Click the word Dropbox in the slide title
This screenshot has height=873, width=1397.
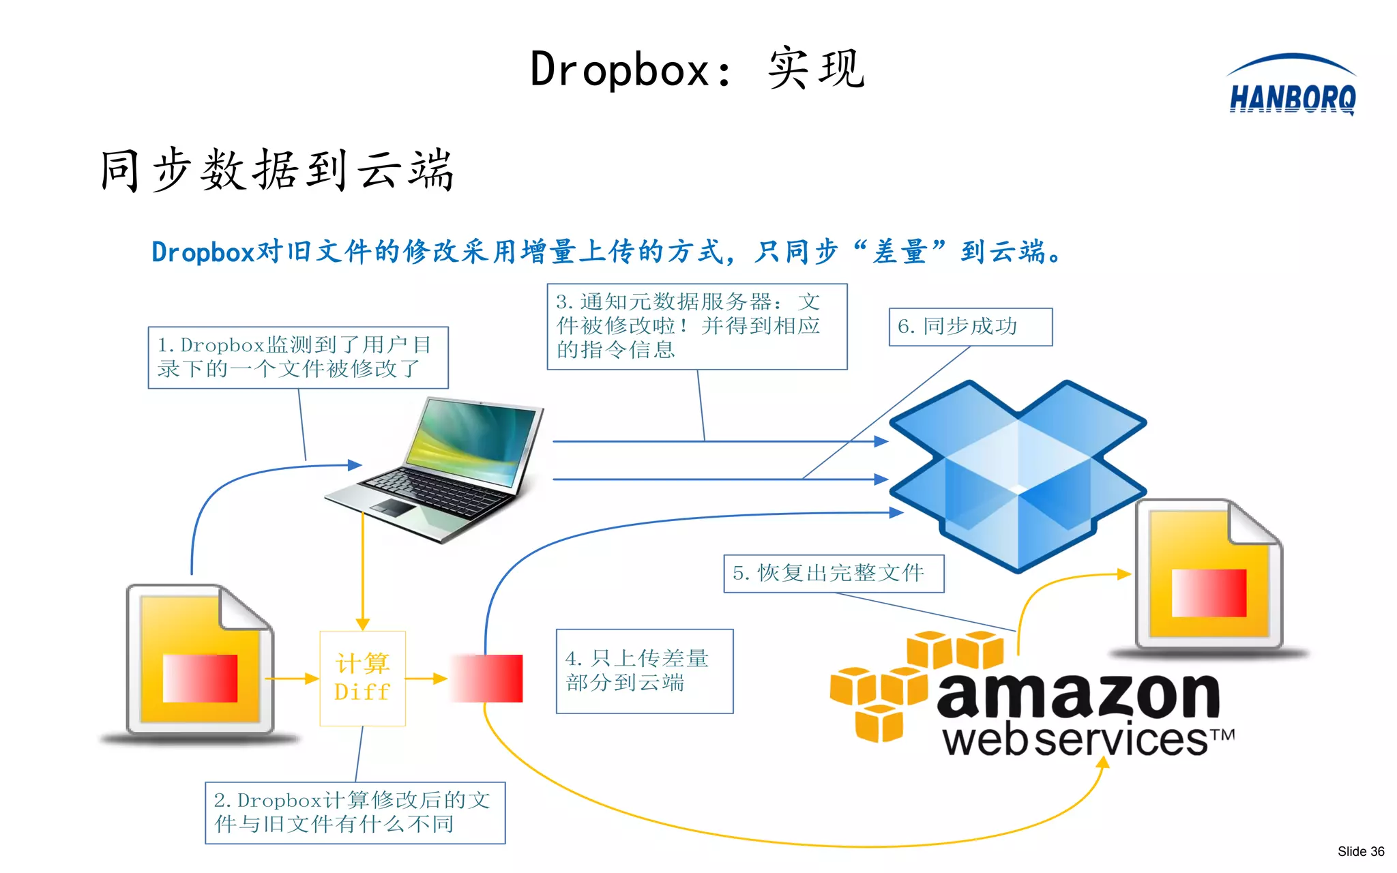click(619, 70)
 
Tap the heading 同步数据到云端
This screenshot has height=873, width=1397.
click(276, 170)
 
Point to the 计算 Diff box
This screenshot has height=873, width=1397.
click(362, 678)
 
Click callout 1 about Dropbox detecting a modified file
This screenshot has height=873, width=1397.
click(298, 357)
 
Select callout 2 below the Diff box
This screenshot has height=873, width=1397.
click(355, 812)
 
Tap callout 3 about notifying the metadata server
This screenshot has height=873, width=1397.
click(696, 327)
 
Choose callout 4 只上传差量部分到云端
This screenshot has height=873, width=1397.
click(644, 671)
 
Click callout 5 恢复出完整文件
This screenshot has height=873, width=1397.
click(833, 574)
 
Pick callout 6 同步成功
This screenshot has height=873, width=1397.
click(970, 327)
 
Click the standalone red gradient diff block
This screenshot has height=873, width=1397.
click(488, 678)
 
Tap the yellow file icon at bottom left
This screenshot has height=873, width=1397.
click(200, 660)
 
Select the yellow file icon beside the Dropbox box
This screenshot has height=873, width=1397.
click(1208, 575)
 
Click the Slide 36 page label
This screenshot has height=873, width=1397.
click(1360, 851)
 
